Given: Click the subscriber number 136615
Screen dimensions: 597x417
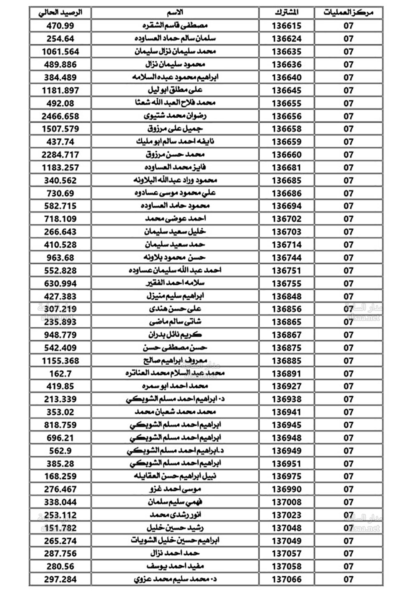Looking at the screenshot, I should pyautogui.click(x=286, y=25).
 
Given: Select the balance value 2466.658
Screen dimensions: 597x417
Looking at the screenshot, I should pyautogui.click(x=60, y=116).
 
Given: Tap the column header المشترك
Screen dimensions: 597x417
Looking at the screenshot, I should pyautogui.click(x=286, y=13).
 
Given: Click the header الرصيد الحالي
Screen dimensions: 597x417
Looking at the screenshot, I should pyautogui.click(x=60, y=13).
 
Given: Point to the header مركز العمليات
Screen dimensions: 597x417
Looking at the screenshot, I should pyautogui.click(x=348, y=13).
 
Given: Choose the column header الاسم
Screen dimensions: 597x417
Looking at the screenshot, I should pyautogui.click(x=175, y=13).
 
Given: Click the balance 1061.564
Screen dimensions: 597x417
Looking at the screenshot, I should pyautogui.click(x=60, y=51).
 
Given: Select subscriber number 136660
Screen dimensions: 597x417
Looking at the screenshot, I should pyautogui.click(x=286, y=154).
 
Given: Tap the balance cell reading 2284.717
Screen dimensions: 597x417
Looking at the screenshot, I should pyautogui.click(x=60, y=154).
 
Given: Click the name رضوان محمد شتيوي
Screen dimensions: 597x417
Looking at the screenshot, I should pyautogui.click(x=175, y=116).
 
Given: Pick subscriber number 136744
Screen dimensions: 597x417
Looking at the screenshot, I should pyautogui.click(x=286, y=258).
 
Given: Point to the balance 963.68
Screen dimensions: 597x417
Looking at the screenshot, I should pyautogui.click(x=60, y=258).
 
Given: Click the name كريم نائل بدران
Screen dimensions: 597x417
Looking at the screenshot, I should pyautogui.click(x=175, y=335).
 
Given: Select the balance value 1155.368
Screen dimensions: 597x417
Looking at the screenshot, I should pyautogui.click(x=60, y=361).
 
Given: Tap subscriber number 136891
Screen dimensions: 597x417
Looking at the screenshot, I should pyautogui.click(x=286, y=374).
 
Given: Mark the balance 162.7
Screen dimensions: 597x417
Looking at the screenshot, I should pyautogui.click(x=60, y=374).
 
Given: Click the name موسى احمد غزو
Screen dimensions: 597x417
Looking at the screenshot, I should pyautogui.click(x=175, y=489).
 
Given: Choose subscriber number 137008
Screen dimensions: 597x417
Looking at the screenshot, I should pyautogui.click(x=286, y=502).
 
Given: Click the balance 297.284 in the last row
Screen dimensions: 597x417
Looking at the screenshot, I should pyautogui.click(x=60, y=579).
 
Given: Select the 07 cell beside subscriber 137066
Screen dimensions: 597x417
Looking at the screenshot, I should pyautogui.click(x=348, y=579).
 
